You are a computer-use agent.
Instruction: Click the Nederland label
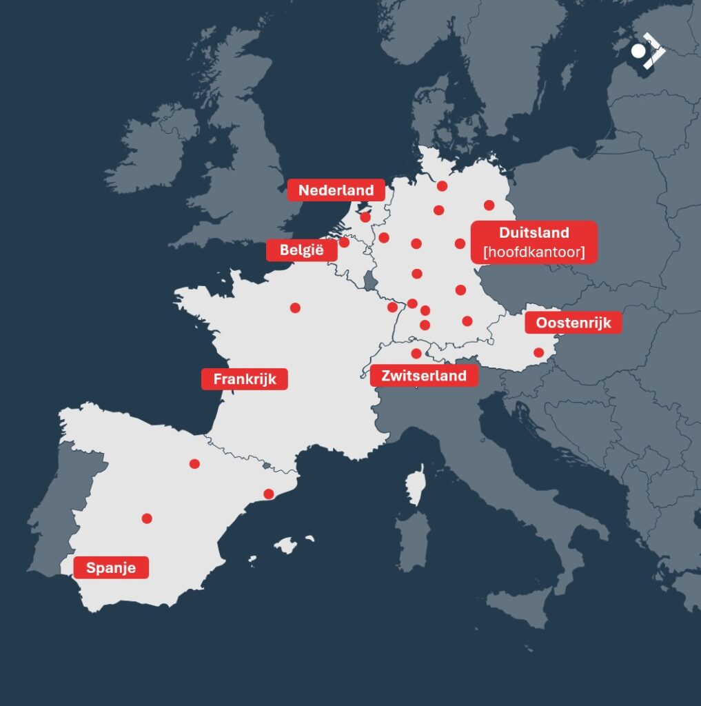(336, 190)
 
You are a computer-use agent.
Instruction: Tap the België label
(302, 250)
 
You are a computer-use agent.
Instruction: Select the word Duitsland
(534, 232)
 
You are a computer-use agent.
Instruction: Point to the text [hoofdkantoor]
(534, 252)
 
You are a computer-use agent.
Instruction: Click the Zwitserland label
(424, 376)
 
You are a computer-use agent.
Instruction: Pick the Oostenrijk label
(573, 323)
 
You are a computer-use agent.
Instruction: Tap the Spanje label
(111, 568)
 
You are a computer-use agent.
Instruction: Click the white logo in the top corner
(647, 51)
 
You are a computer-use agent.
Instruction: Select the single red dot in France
(295, 307)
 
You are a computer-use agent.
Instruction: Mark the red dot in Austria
(538, 353)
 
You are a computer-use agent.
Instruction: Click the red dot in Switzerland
(416, 354)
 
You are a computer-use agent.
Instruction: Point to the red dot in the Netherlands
(365, 217)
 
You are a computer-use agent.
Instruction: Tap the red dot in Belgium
(344, 242)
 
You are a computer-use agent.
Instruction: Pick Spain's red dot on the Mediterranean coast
(269, 494)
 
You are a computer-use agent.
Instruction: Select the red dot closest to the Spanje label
(147, 518)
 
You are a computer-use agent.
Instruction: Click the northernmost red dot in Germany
(442, 186)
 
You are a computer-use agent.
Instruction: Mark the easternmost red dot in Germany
(489, 205)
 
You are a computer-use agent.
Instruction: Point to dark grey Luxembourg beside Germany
(371, 280)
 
